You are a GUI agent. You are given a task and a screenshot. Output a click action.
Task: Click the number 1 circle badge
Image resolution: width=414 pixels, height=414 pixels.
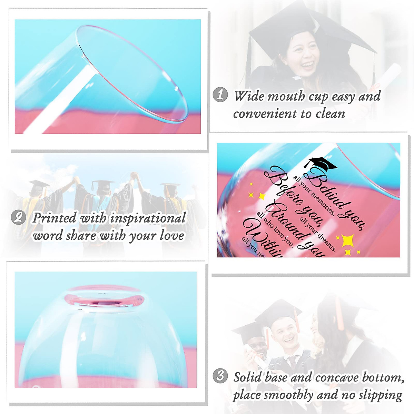point(220,95)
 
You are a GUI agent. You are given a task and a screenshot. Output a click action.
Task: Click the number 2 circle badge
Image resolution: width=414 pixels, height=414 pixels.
point(18,217)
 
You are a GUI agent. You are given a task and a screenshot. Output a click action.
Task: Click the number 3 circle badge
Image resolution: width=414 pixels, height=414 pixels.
point(220,375)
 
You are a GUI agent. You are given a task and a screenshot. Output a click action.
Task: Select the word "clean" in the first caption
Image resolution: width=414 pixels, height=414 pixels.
point(330,114)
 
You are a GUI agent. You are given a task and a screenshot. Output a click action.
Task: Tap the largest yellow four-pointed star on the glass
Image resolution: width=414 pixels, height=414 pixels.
point(348,240)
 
